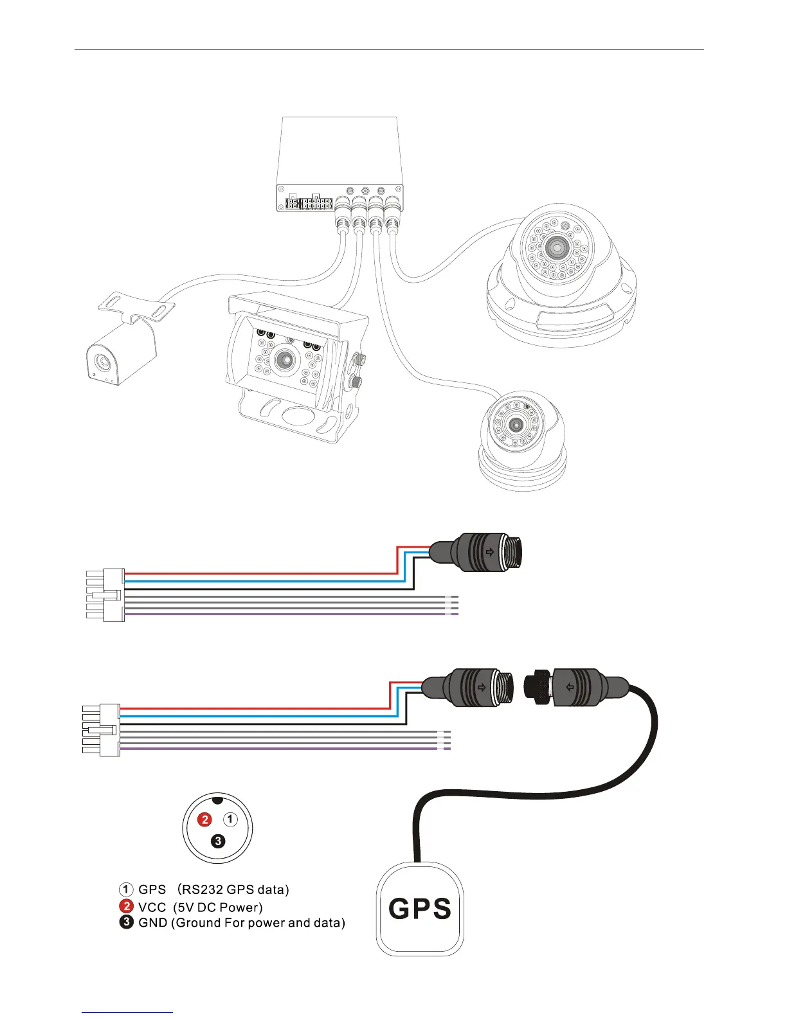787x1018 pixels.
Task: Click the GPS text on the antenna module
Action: point(420,909)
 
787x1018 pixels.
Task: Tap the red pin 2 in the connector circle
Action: point(204,819)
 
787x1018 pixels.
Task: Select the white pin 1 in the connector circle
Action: point(230,819)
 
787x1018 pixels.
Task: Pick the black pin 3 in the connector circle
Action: point(218,841)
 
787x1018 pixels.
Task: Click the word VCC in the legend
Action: point(152,907)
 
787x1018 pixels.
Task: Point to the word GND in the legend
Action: point(153,923)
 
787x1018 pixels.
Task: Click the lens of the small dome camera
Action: point(516,424)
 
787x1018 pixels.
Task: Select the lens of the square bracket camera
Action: point(284,360)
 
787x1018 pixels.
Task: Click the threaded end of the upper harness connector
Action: point(512,551)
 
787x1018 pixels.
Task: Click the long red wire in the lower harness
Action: point(257,708)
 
